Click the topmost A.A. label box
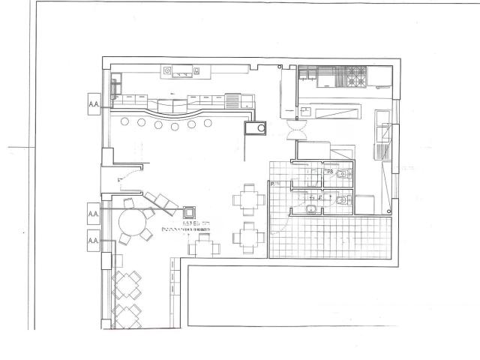[x=94, y=100]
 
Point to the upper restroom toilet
[x=341, y=175]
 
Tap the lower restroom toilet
[x=341, y=200]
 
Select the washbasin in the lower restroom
[x=311, y=207]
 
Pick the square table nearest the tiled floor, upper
[x=248, y=199]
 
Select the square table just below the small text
[x=203, y=245]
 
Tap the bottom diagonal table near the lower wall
[x=127, y=314]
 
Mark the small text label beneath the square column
[x=187, y=226]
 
